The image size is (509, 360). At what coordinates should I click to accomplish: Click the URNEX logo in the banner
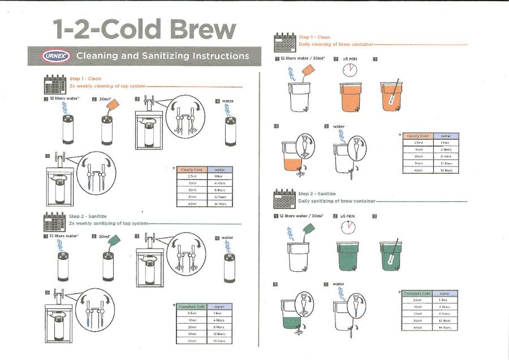(55, 56)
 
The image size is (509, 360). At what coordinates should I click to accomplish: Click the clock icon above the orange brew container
(350, 70)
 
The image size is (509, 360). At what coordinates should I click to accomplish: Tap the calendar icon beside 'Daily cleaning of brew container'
(285, 41)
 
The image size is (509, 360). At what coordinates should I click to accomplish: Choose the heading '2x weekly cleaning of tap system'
(107, 86)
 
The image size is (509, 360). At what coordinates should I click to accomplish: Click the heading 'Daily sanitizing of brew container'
(337, 201)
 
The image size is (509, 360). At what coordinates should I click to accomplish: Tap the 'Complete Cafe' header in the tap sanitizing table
(191, 306)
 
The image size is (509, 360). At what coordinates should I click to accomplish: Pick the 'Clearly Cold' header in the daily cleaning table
(417, 136)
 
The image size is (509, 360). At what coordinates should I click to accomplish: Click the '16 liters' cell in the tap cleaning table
(219, 203)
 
